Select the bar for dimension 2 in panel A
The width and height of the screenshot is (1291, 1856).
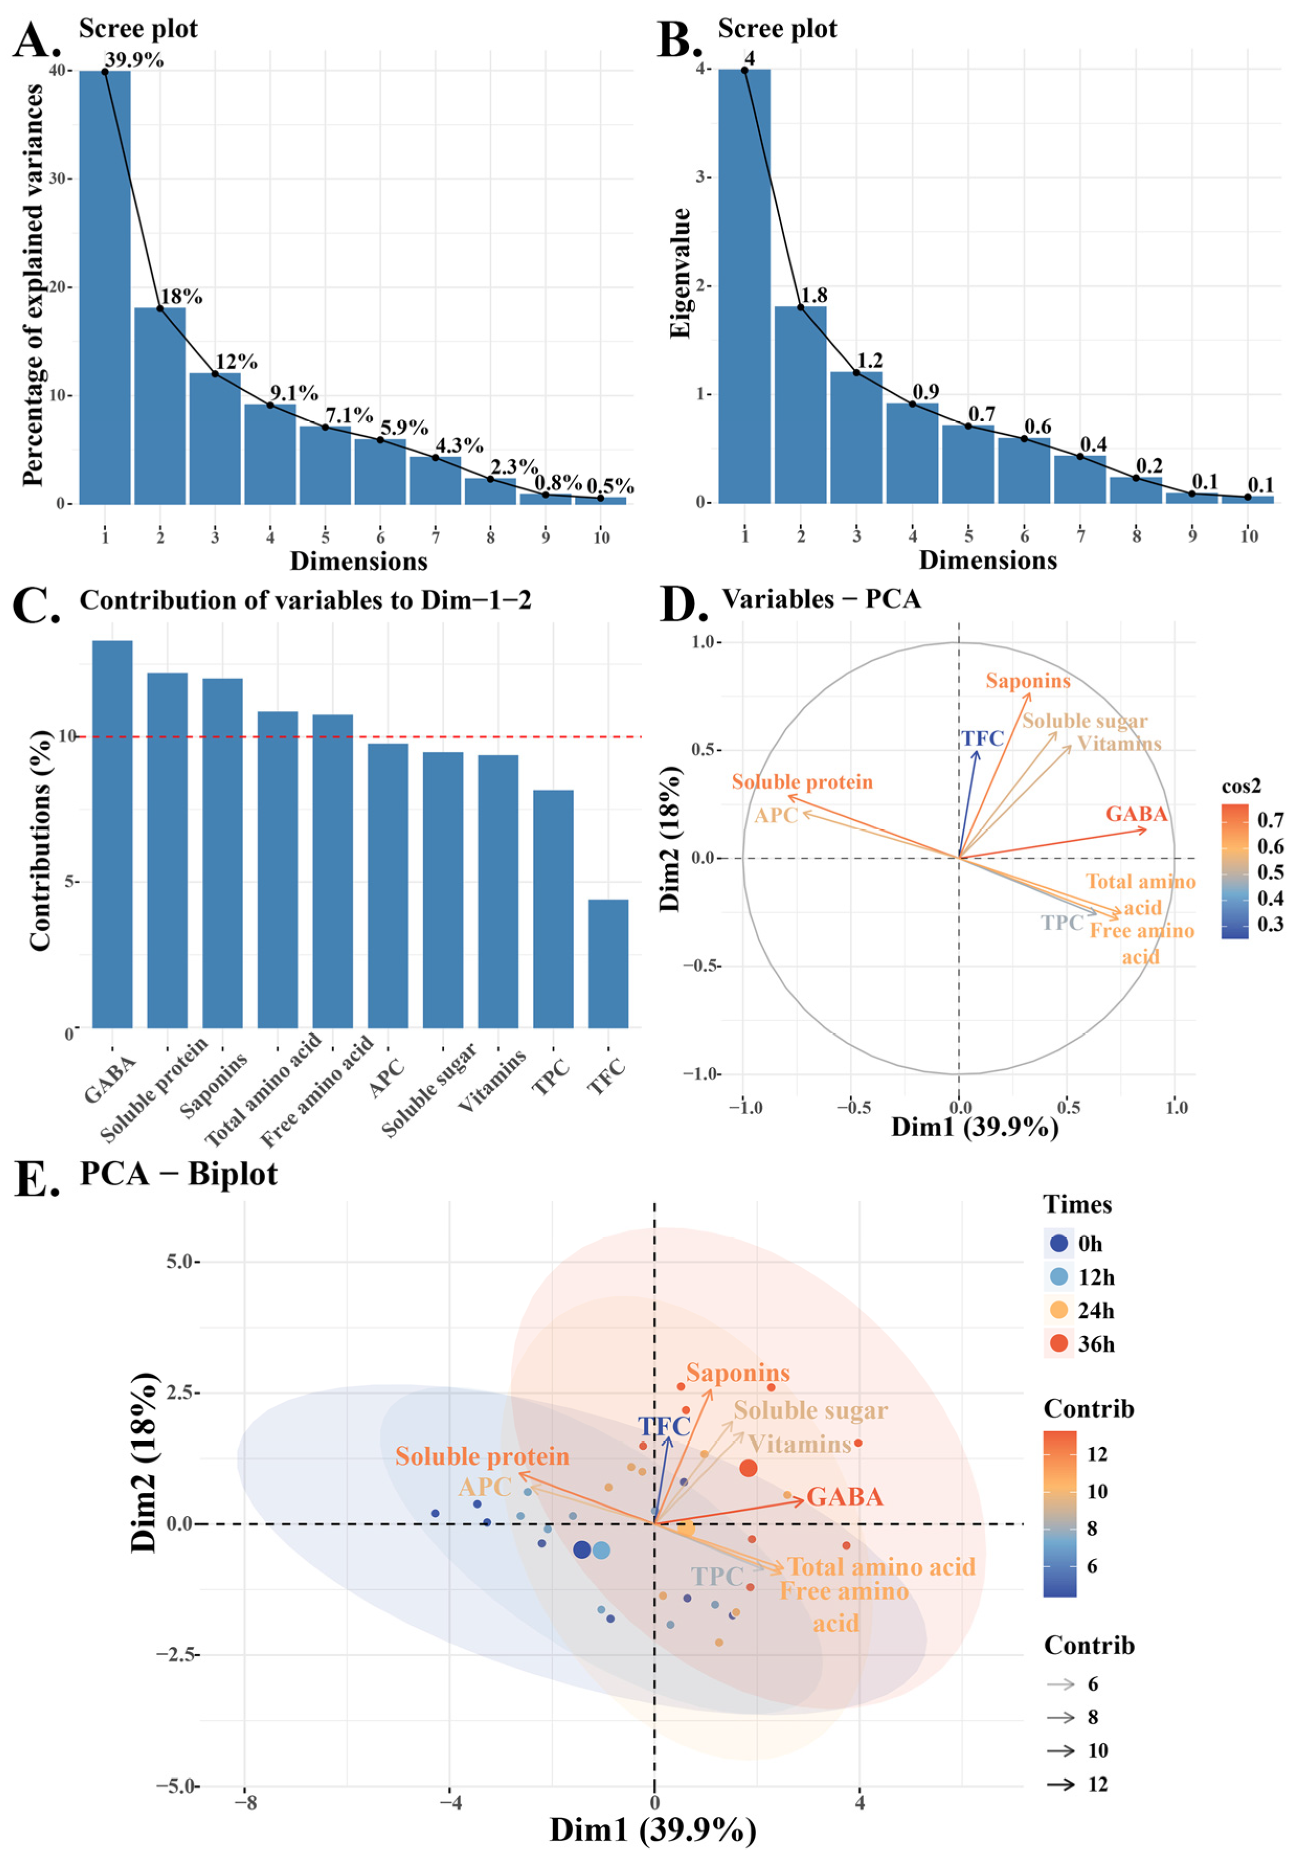click(x=160, y=404)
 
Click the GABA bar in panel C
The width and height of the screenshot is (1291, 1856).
click(x=112, y=833)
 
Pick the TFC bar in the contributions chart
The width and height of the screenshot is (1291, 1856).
click(x=608, y=963)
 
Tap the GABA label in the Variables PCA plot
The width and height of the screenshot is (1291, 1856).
click(x=1136, y=813)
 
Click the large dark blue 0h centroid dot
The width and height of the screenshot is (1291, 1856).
click(x=581, y=1549)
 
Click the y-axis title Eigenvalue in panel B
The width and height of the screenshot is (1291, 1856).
click(x=681, y=273)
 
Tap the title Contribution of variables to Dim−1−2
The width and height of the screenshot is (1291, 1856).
click(x=305, y=601)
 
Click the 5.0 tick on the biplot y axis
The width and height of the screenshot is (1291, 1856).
click(x=182, y=1262)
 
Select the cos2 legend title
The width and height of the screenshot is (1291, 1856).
click(x=1240, y=786)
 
